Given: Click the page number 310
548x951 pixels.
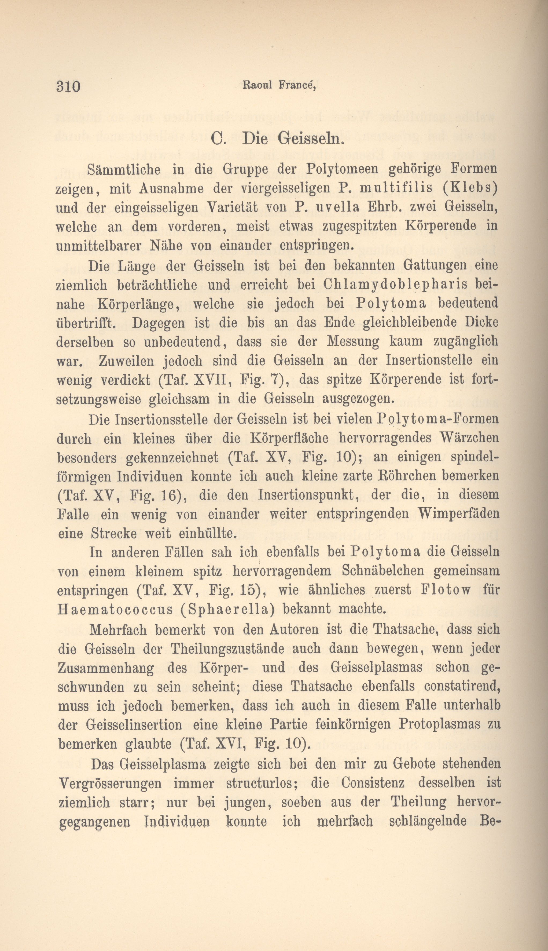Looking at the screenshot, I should click(x=68, y=87).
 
